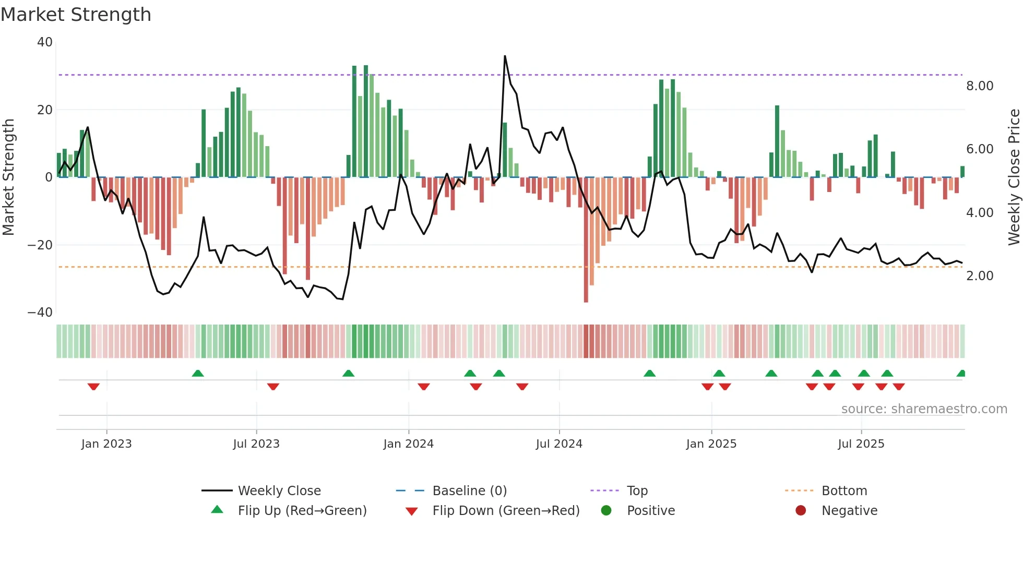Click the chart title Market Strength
click(x=76, y=15)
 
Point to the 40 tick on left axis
click(x=45, y=42)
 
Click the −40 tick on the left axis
click(x=40, y=313)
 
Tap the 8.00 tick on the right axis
click(x=980, y=86)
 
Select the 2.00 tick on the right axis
click(x=980, y=276)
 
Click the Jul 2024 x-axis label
click(x=559, y=444)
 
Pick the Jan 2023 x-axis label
click(x=106, y=444)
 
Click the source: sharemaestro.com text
click(x=924, y=409)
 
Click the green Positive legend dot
click(x=606, y=511)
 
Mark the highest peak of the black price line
click(x=505, y=56)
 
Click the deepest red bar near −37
click(x=586, y=240)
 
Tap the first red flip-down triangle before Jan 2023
click(x=93, y=387)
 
